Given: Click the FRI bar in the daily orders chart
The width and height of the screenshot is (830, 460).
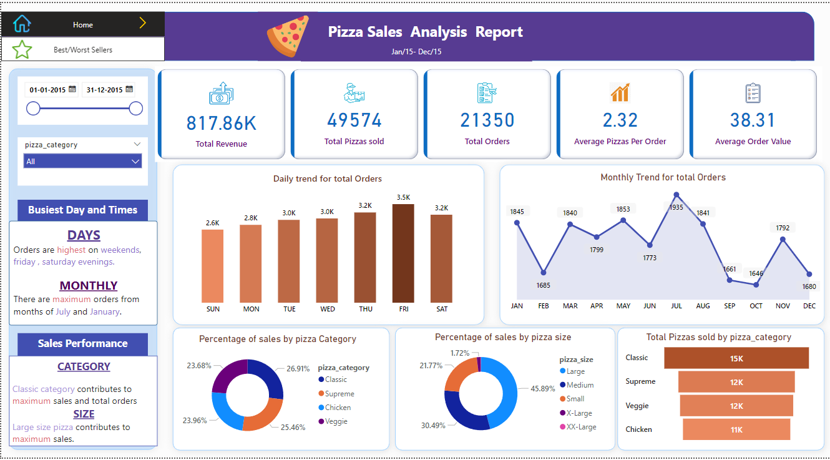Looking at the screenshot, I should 403,253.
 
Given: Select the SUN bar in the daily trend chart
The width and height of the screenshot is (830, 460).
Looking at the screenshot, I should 212,266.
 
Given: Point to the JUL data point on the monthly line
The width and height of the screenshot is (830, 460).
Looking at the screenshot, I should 676,195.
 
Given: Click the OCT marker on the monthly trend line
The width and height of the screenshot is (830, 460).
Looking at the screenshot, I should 756,285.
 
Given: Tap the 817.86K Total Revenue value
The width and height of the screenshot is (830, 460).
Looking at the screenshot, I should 221,123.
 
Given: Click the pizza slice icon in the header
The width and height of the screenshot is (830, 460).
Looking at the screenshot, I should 288,36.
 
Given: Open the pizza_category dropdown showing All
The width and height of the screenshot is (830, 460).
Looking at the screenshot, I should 82,162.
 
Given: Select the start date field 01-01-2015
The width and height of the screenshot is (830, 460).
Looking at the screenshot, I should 47,90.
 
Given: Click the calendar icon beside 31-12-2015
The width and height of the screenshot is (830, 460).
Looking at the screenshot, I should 129,89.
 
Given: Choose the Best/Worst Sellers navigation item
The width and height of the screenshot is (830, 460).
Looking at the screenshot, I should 82,49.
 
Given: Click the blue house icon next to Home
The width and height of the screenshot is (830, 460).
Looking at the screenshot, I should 22,24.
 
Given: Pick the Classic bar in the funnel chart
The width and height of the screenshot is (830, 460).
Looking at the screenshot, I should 736,358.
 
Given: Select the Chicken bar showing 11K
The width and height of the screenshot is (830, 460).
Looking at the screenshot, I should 736,429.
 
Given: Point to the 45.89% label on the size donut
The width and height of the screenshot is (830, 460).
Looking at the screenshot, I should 542,388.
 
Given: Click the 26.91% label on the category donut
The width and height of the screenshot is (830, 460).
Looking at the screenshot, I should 298,368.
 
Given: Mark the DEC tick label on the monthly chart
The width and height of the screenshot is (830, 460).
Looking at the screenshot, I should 809,306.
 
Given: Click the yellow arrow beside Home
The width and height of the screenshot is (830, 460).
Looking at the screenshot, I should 142,24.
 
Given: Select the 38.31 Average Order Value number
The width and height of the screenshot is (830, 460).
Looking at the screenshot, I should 752,120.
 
